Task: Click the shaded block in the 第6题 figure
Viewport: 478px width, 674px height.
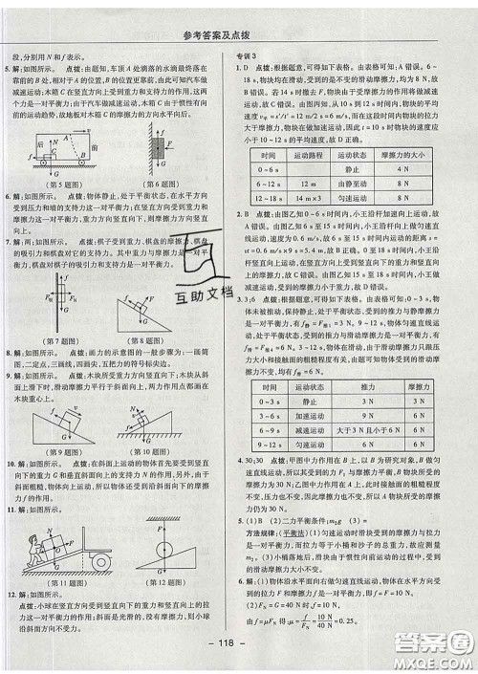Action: pos(156,145)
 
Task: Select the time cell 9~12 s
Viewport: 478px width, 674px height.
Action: pos(269,418)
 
